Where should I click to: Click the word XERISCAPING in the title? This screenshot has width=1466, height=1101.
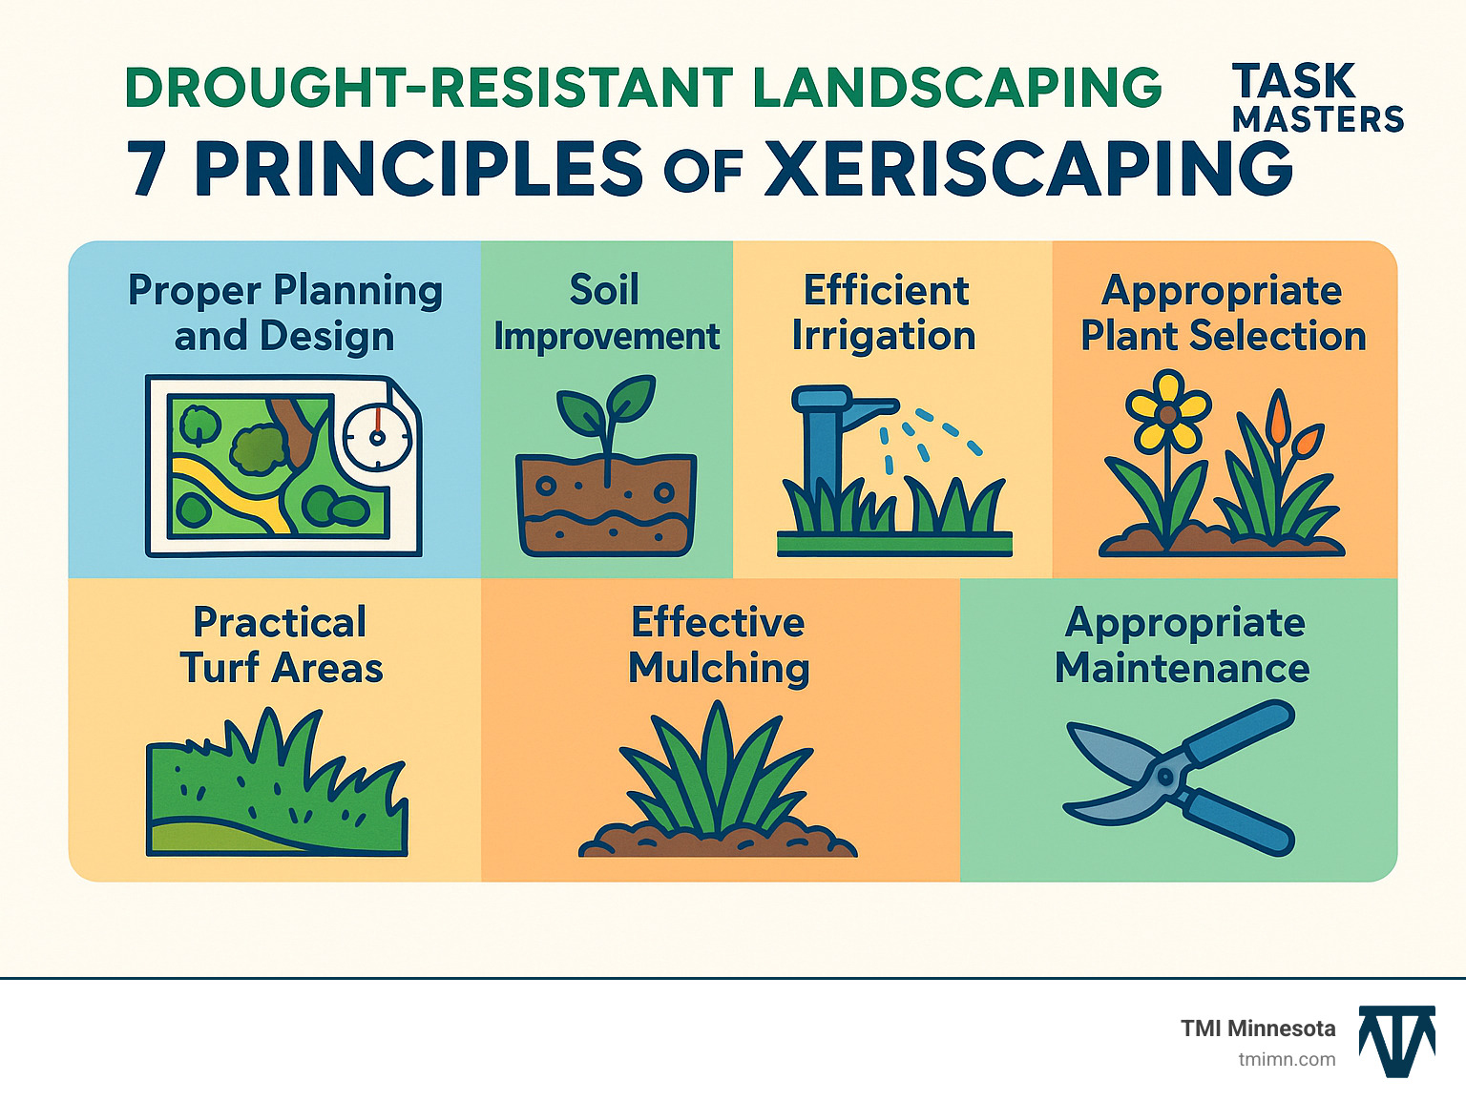[x=1029, y=169]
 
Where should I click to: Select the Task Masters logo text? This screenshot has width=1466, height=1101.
[x=1317, y=97]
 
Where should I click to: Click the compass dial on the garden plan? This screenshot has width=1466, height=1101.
[x=376, y=437]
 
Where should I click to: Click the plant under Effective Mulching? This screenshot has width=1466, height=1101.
[x=718, y=778]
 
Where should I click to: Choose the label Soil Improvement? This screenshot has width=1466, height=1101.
[x=606, y=313]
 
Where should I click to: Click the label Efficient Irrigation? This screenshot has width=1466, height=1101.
[x=885, y=313]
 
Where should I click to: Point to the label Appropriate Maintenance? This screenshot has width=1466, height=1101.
[x=1183, y=645]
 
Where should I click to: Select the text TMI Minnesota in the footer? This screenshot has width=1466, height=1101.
[x=1258, y=1028]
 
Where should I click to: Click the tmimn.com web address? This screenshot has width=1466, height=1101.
[x=1287, y=1059]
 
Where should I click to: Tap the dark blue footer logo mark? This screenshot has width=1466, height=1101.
[x=1397, y=1040]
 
